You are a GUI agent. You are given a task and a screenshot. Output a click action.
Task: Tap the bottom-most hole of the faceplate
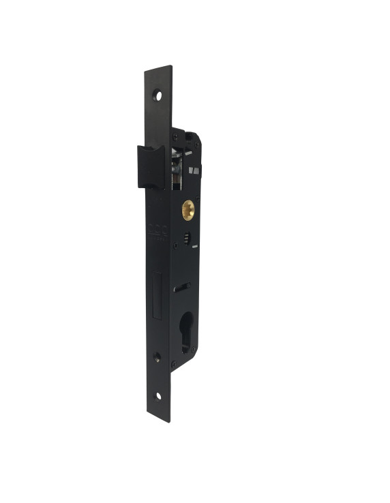pyautogui.click(x=158, y=395)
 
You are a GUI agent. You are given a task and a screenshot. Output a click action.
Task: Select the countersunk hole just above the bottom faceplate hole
pyautogui.click(x=157, y=356)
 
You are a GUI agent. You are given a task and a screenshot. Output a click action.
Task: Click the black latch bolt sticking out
pyautogui.click(x=150, y=166)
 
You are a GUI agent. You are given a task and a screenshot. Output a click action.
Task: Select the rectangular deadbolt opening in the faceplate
pyautogui.click(x=156, y=295)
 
